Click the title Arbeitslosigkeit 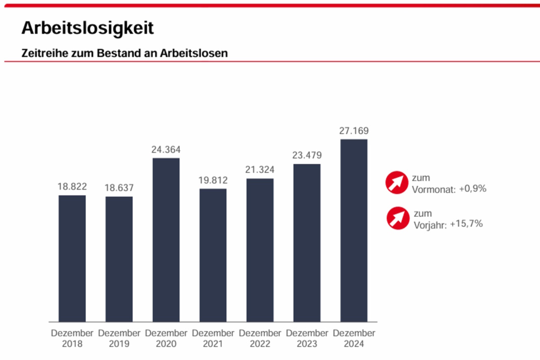point(87,28)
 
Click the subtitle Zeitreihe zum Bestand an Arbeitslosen point(125,53)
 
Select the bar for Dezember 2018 point(72,258)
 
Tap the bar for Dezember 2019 point(119,259)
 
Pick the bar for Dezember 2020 point(166,240)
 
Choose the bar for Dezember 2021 point(213,255)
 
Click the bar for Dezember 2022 point(260,250)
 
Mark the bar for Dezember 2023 point(307,242)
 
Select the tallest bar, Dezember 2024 point(354,230)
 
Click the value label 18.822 point(72,187)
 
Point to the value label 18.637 point(119,188)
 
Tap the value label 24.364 point(166,149)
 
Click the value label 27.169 point(354,131)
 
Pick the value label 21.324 point(260,170)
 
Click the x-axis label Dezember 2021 point(213,339)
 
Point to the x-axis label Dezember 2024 point(354,339)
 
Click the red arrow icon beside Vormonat point(397,183)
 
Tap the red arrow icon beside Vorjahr point(398,218)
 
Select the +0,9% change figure point(472,189)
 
